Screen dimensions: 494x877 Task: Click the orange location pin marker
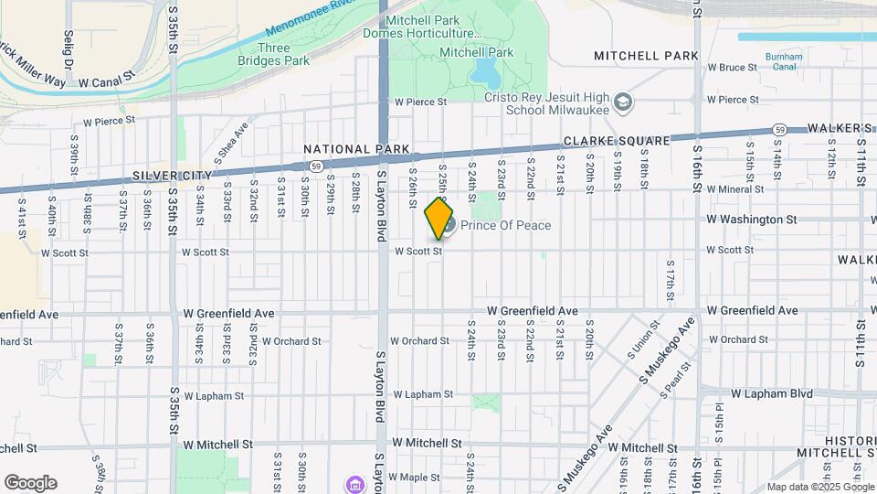click(439, 219)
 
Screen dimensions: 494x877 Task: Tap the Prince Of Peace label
click(505, 225)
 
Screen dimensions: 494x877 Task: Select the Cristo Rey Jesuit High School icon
click(623, 101)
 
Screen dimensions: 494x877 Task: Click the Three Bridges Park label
click(274, 54)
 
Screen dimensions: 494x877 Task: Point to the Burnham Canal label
click(784, 61)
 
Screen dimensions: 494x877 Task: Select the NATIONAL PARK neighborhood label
click(356, 149)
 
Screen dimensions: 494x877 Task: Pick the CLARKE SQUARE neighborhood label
click(616, 142)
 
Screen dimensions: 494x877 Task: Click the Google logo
click(30, 483)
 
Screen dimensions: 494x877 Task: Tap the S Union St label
click(643, 338)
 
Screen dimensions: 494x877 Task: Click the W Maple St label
click(414, 477)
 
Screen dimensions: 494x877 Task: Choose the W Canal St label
click(107, 81)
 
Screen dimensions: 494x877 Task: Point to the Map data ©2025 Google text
click(819, 487)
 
